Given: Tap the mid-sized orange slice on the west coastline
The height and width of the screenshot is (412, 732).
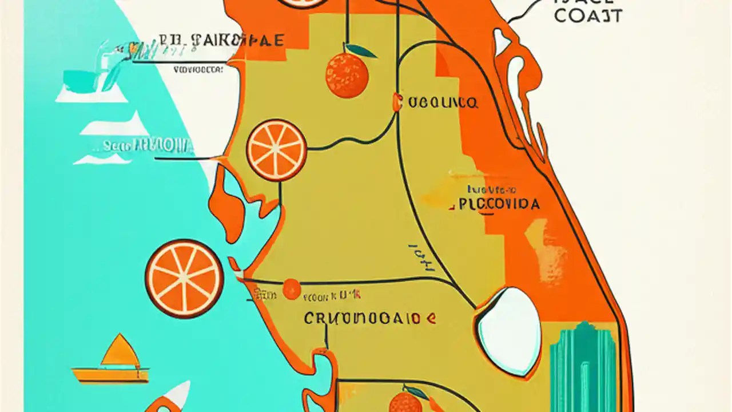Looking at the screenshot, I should (x=276, y=150).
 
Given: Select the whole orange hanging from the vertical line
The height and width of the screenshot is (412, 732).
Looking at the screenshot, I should (x=347, y=74).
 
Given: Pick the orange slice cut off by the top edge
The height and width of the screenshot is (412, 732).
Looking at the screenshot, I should (x=303, y=3).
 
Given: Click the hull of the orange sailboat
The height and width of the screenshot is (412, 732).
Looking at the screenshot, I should (x=110, y=375).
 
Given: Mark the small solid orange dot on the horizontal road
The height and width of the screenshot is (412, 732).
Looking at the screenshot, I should (x=292, y=288).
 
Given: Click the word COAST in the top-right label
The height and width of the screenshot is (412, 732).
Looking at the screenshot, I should (x=588, y=15).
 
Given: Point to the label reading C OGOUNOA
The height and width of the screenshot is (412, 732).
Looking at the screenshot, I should (x=436, y=103).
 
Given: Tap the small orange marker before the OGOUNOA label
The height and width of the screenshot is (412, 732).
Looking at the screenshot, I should (x=396, y=102).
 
